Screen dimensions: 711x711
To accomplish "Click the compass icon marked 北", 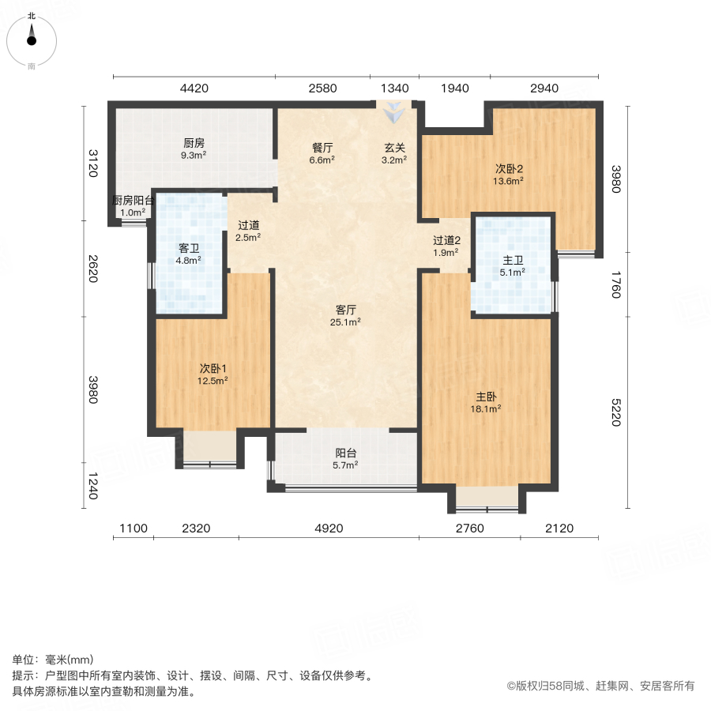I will click(x=32, y=39).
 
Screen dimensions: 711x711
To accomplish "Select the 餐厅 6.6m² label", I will click(x=322, y=152).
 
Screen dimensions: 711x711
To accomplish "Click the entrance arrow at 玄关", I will click(x=393, y=114).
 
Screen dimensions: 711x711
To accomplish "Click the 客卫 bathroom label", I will click(x=189, y=253).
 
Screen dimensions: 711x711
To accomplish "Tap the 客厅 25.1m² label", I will click(x=347, y=315).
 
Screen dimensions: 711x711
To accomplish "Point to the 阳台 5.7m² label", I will click(x=344, y=459).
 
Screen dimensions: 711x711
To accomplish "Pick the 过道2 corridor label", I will click(x=446, y=246).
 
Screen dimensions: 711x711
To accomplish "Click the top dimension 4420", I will click(x=194, y=88).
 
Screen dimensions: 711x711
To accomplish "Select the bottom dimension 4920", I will click(x=329, y=529).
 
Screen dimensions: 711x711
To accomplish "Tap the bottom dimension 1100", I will click(x=133, y=529).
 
